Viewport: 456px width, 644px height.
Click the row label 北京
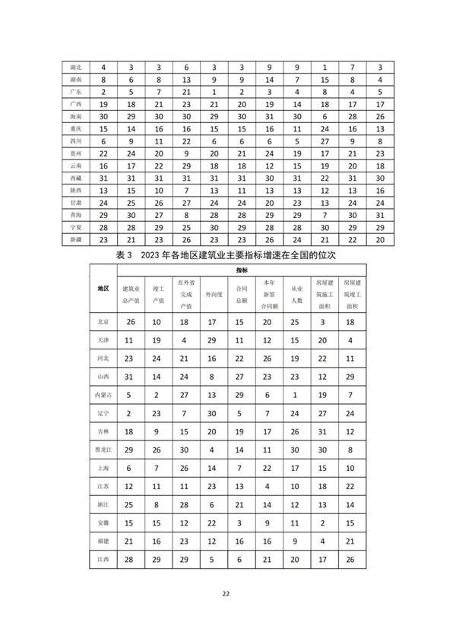click(x=103, y=321)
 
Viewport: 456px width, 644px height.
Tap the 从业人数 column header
click(x=294, y=289)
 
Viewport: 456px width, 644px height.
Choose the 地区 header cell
click(x=103, y=289)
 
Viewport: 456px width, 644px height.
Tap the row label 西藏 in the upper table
click(x=75, y=177)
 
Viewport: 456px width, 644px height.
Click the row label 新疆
click(x=75, y=238)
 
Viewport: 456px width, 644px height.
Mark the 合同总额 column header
click(x=241, y=289)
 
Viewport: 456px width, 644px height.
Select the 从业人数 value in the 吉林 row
click(x=294, y=432)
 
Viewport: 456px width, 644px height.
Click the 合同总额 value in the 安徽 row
click(x=241, y=523)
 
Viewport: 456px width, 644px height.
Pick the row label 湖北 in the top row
click(x=75, y=68)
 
